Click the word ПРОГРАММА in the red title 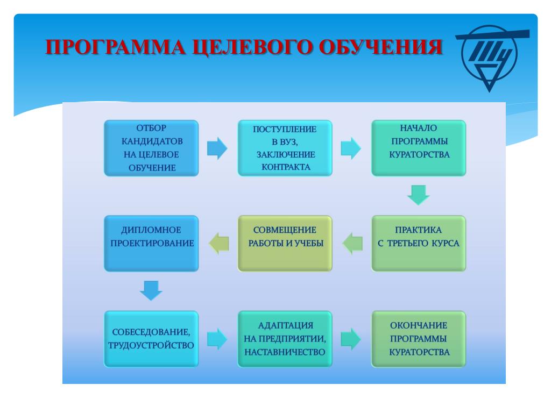(116, 47)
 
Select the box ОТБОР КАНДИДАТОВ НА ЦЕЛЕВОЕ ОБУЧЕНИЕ (151, 148)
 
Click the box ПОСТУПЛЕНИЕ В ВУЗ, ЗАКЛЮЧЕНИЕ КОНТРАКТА (285, 148)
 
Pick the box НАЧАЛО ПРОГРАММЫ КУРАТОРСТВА (419, 148)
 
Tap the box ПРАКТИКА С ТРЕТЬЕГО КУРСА (419, 244)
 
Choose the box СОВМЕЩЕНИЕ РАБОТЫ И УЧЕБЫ (285, 244)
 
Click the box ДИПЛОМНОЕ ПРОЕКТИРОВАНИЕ (151, 244)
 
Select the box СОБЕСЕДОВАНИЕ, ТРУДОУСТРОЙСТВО (151, 339)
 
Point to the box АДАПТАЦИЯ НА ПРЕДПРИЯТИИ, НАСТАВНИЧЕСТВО (285, 339)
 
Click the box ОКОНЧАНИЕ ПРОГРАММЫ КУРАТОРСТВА (419, 339)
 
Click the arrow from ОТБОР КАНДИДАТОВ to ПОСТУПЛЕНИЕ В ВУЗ (217, 148)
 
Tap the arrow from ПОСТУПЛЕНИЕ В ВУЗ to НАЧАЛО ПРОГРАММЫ (351, 148)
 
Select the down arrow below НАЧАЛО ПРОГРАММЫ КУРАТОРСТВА (419, 195)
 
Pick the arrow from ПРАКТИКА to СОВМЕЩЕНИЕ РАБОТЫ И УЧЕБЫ (352, 244)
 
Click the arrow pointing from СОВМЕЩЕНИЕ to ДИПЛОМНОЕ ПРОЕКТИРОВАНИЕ (218, 244)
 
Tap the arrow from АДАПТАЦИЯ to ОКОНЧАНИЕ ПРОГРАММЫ (351, 339)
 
